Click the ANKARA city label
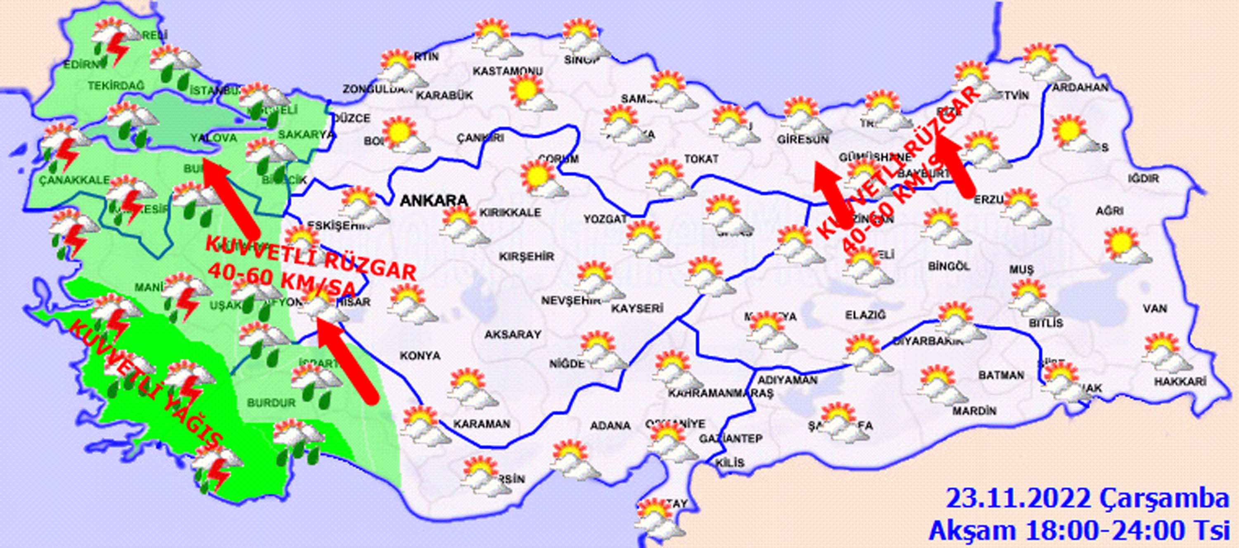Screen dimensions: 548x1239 point(433,201)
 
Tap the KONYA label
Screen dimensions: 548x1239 point(420,356)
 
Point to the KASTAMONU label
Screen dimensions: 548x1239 point(508,71)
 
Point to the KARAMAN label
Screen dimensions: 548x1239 point(482,424)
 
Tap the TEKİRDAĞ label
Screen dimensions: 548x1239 point(116,85)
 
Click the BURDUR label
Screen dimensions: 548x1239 point(271,403)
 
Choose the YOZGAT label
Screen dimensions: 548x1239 point(605,219)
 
